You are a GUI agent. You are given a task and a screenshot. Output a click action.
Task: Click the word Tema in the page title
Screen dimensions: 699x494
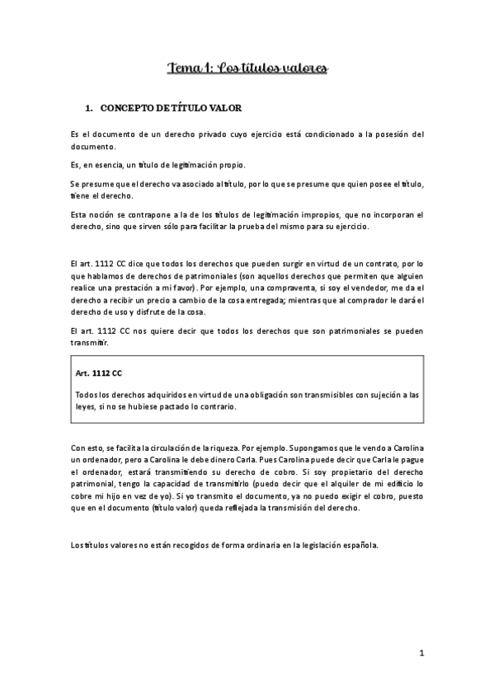pos(182,68)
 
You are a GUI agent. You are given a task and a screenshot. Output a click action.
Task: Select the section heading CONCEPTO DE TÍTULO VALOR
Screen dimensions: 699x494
pos(170,109)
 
